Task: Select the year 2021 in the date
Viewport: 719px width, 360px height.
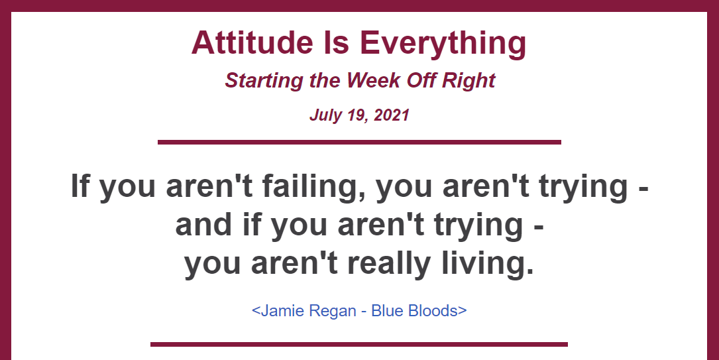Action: pyautogui.click(x=392, y=114)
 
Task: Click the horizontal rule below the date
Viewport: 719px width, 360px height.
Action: pyautogui.click(x=359, y=142)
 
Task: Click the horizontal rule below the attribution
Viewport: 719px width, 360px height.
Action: pyautogui.click(x=359, y=344)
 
